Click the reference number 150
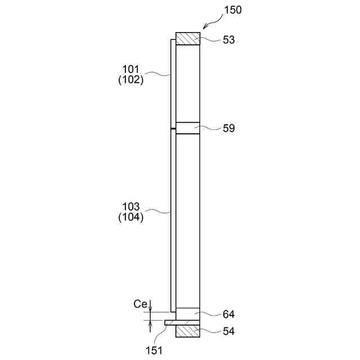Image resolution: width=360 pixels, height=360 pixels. (233, 10)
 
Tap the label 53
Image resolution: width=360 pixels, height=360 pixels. (229, 40)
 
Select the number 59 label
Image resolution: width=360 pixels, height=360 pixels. (229, 128)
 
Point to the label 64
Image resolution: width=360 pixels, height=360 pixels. (229, 314)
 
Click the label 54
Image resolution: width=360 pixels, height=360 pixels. (229, 331)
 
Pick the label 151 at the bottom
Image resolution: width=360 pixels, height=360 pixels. (154, 350)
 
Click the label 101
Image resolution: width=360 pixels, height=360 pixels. (131, 69)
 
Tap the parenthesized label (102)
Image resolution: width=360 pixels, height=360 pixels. (131, 80)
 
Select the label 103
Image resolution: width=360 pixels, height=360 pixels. (131, 206)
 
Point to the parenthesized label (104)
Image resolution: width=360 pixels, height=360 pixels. (131, 217)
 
